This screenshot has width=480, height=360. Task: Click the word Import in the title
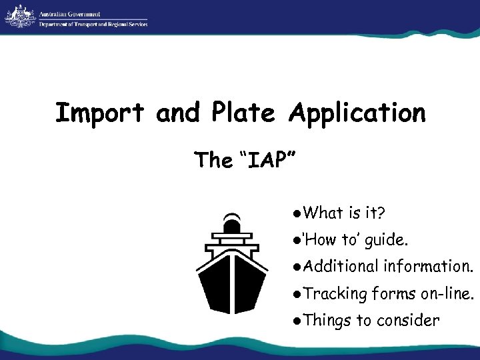coord(99,113)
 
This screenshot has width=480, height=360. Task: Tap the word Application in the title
coord(357,113)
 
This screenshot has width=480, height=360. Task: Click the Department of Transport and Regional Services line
coord(93,24)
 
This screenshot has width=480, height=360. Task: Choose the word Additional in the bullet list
coord(341,267)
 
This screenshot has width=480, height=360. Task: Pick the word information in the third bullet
coord(427,267)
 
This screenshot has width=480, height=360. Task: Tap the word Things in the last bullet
coord(327,320)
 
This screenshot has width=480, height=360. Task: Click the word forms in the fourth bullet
coord(394,293)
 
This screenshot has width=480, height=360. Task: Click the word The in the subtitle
coord(213,160)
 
